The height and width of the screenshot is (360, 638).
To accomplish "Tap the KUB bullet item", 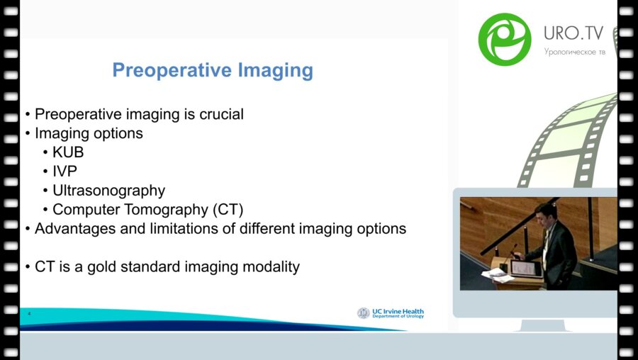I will click(69, 152).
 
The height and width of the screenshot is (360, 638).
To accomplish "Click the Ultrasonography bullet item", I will click(108, 191).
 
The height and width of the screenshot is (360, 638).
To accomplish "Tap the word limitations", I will click(169, 229).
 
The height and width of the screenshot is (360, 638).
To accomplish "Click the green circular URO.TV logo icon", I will click(505, 39).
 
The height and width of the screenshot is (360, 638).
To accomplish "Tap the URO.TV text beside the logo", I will click(573, 33).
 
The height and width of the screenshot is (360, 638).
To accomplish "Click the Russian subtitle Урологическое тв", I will click(575, 52).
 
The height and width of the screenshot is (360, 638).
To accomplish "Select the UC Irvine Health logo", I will click(391, 313).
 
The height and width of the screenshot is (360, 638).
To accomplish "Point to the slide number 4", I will click(29, 313).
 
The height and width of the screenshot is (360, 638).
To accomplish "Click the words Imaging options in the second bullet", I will click(89, 133).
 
